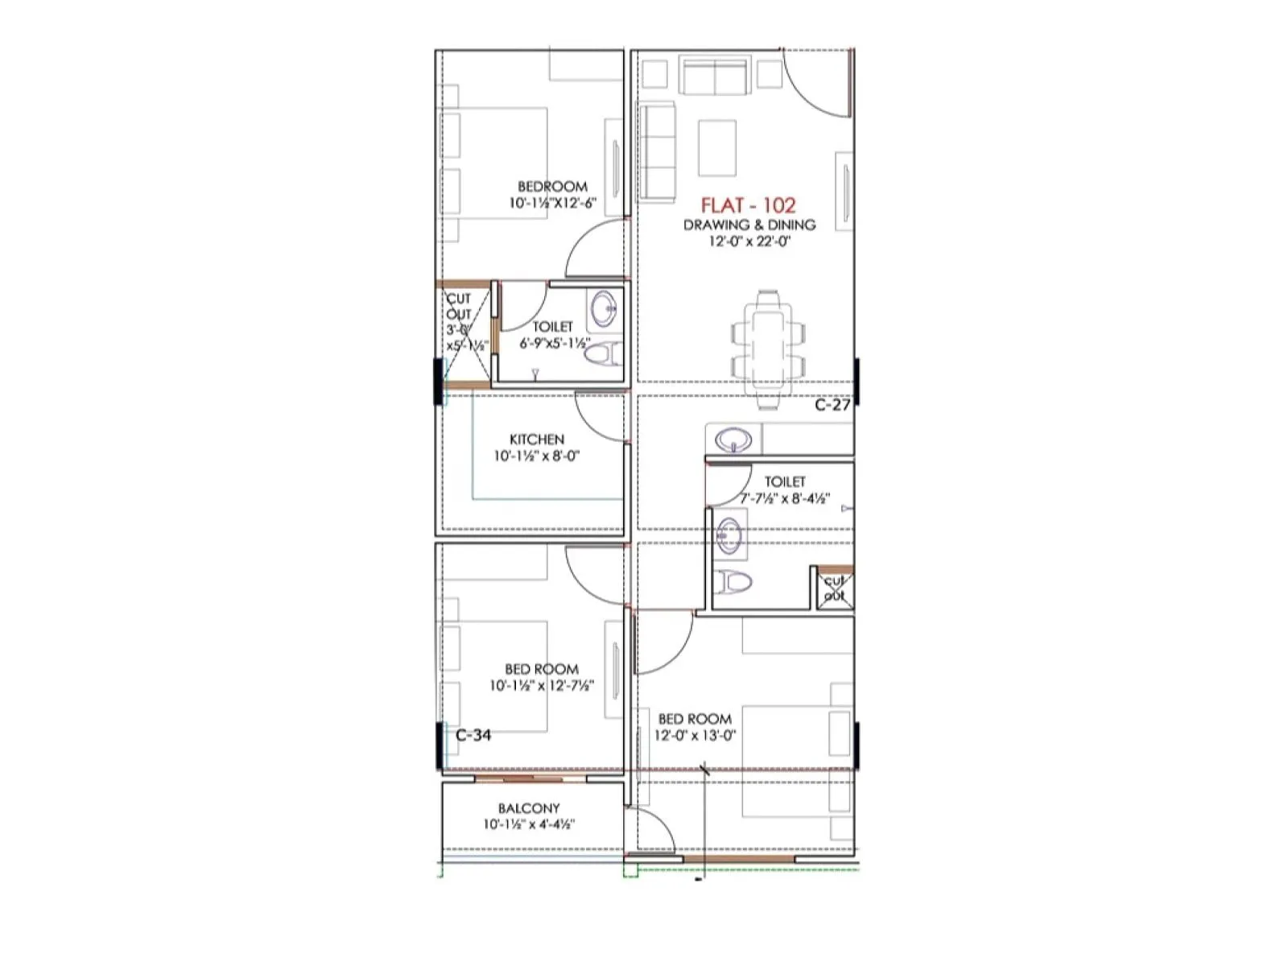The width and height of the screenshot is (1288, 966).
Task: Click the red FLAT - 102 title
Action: pos(748,205)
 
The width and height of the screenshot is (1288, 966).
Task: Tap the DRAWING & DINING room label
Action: pos(749,225)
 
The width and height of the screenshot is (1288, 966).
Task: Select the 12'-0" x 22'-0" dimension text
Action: pos(749,241)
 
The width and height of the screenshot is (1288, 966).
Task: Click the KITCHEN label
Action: pos(537,440)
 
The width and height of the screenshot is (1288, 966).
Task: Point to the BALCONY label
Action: pos(529,808)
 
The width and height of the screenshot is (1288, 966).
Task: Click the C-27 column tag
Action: pos(832,405)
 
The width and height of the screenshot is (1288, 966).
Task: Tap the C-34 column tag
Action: pos(473,735)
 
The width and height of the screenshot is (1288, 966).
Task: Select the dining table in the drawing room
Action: pos(769,342)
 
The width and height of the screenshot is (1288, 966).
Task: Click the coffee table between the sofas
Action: pos(716,147)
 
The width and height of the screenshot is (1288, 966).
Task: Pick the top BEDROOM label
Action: pos(552,186)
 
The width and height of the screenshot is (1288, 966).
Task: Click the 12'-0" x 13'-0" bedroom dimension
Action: pos(695,735)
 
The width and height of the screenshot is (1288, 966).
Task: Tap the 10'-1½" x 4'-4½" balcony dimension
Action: pos(529,824)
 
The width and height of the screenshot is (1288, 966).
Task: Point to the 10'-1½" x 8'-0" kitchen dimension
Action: pos(537,456)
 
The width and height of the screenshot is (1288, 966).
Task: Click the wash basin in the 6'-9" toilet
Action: pos(603,307)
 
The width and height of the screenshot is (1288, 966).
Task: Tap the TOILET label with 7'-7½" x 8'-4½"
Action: pos(785,481)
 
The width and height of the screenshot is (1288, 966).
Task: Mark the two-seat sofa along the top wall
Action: pos(712,76)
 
